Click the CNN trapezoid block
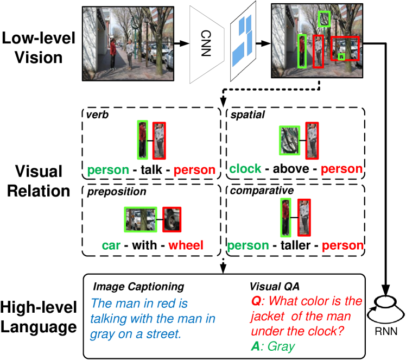point(206,43)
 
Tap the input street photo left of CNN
point(128,43)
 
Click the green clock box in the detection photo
point(324,19)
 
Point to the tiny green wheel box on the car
point(341,56)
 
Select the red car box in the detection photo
point(345,48)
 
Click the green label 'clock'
point(245,169)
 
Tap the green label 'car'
point(111,245)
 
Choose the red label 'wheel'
point(186,245)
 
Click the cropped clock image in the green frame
point(289,140)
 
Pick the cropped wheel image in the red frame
point(172,219)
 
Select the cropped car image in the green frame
point(141,219)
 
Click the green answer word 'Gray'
point(281,346)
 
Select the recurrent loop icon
point(385,309)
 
